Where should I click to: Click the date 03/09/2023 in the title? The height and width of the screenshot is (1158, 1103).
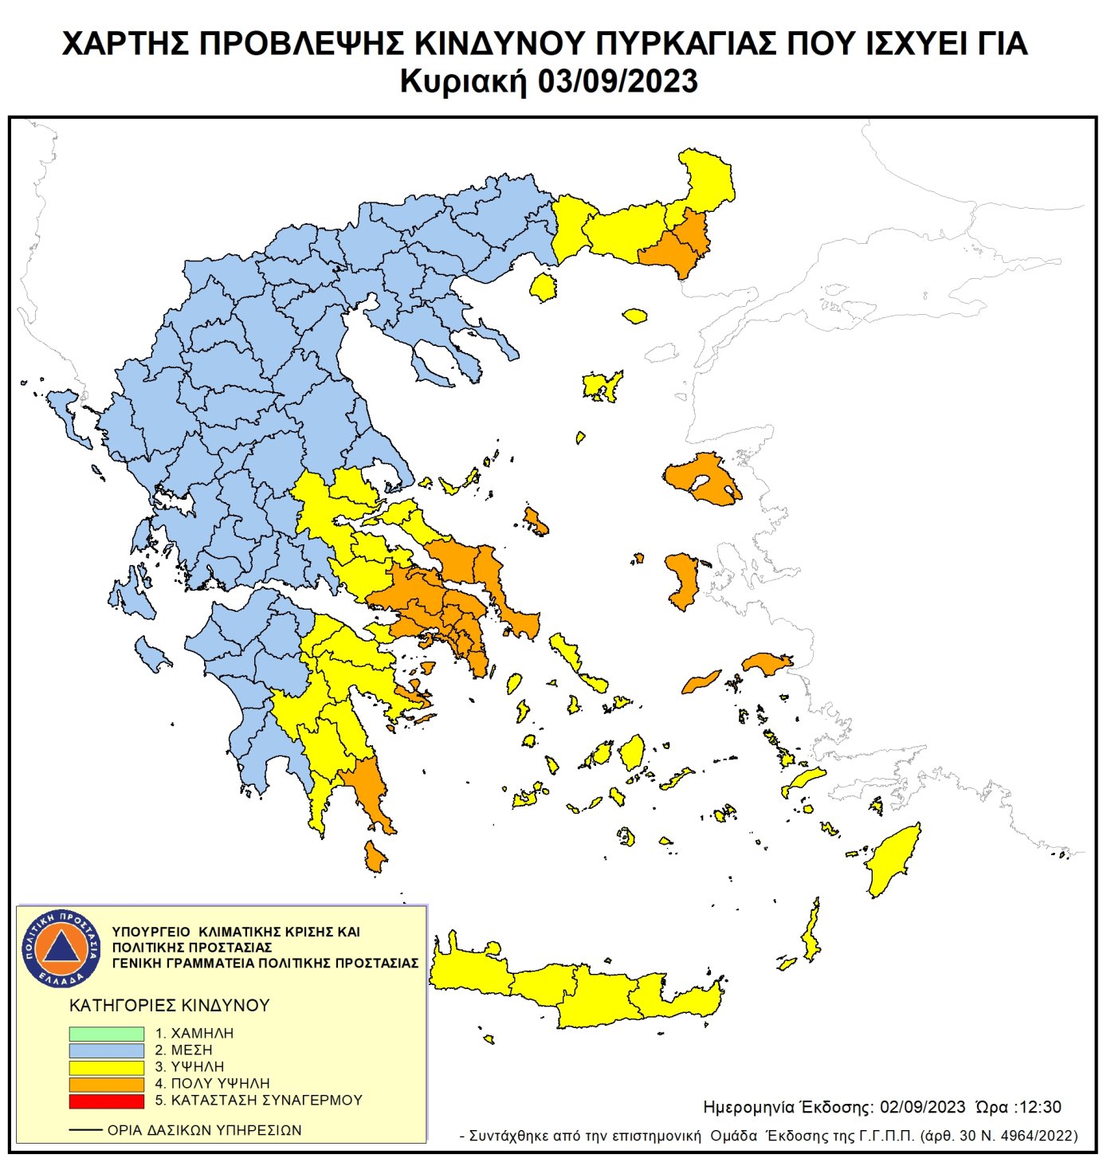click(x=618, y=81)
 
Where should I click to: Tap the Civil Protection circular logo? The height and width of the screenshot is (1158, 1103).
click(x=61, y=948)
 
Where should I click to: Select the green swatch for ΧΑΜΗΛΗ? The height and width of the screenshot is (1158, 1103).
click(x=106, y=1033)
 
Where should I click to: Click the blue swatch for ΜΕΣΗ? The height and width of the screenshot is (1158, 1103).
click(x=106, y=1050)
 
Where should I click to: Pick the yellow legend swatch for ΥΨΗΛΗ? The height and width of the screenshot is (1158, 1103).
click(x=106, y=1066)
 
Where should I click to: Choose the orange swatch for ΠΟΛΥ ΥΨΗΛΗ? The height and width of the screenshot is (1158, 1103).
click(x=106, y=1084)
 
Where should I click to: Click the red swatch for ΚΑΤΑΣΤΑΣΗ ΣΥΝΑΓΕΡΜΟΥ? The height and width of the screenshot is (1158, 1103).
click(x=106, y=1101)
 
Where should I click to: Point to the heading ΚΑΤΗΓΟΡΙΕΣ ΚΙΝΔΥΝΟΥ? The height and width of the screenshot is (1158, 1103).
click(x=170, y=1005)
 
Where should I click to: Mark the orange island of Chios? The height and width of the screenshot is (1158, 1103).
click(x=682, y=580)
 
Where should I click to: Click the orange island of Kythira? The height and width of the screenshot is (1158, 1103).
click(x=374, y=857)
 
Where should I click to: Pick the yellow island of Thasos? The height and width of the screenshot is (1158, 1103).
click(x=544, y=286)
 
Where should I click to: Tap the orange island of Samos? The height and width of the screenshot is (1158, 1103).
click(x=767, y=663)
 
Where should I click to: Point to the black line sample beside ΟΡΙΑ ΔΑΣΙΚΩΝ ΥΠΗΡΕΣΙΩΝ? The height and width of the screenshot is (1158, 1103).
click(x=85, y=1130)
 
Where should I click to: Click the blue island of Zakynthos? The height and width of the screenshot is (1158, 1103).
click(x=151, y=654)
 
